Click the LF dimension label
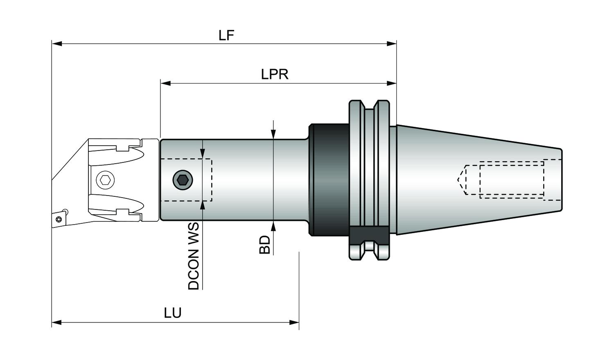click(226, 35)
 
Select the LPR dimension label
click(275, 74)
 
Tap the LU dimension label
click(173, 313)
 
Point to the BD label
click(265, 245)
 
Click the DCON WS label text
click(194, 256)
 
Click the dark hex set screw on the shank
click(183, 180)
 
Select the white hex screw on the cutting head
click(105, 180)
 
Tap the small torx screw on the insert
click(59, 219)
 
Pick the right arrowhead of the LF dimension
click(391, 44)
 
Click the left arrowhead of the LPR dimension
click(165, 83)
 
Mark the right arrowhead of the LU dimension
click(294, 322)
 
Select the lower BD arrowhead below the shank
click(273, 226)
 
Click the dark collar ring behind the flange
click(330, 180)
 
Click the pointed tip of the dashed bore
click(458, 180)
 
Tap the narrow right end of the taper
click(561, 180)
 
